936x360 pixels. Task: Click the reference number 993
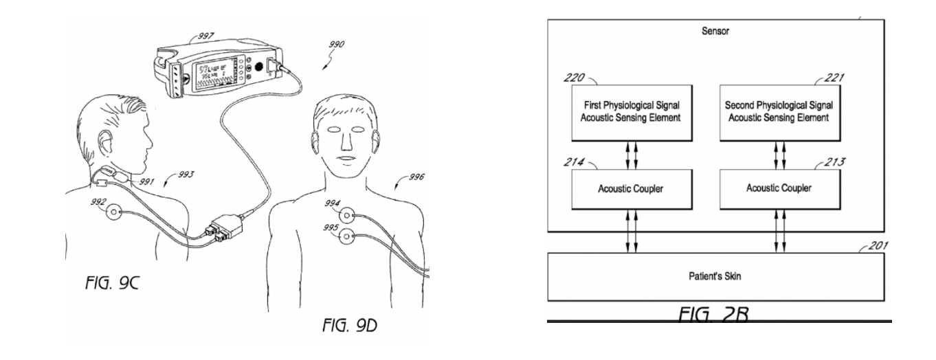(x=184, y=175)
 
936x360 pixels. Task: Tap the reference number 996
(x=415, y=177)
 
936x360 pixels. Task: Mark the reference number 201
(x=876, y=246)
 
